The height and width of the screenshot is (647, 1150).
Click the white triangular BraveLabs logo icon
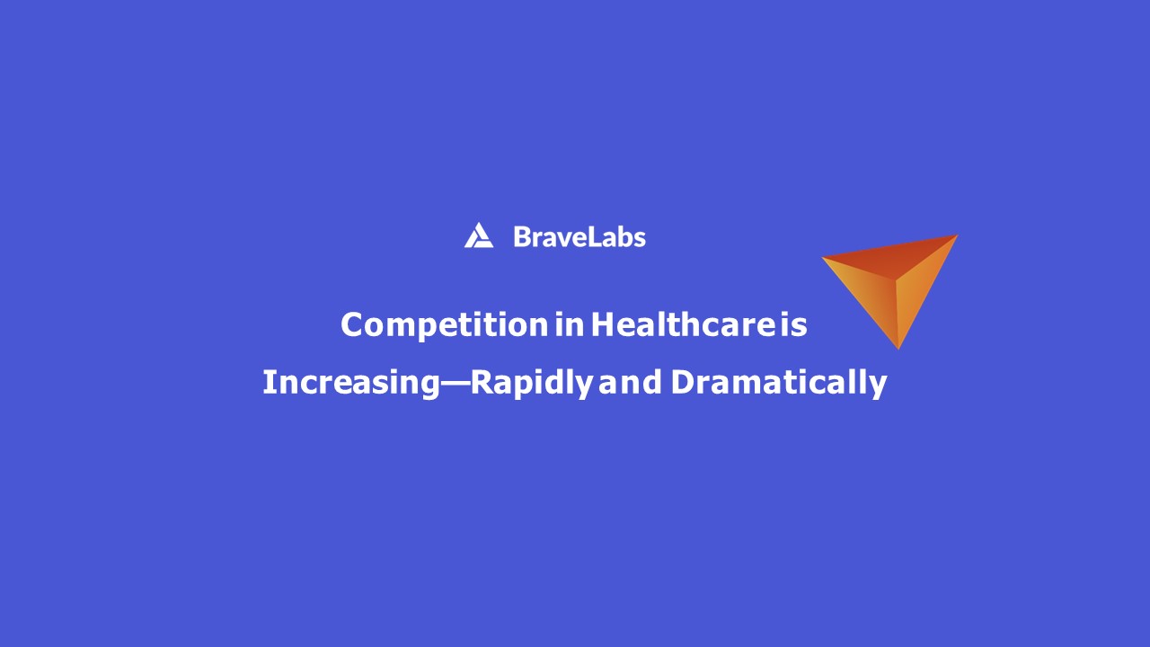[x=478, y=236]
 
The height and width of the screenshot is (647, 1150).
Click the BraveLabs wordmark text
[x=579, y=237]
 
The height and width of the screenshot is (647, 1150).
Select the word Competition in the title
[x=444, y=324]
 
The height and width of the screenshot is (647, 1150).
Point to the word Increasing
[x=349, y=382]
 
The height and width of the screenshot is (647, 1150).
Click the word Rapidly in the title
[x=531, y=382]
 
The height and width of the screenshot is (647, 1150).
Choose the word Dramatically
[x=778, y=382]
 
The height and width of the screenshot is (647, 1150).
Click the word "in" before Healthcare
[x=569, y=324]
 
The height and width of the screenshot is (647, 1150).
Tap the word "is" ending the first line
[x=793, y=324]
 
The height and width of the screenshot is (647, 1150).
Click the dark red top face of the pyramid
[x=889, y=258]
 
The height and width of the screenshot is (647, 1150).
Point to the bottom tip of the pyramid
[x=898, y=347]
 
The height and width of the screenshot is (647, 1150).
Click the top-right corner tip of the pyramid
[x=955, y=236]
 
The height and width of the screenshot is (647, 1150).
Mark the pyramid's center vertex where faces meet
[x=895, y=279]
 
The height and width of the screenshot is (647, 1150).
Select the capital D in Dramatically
[x=683, y=382]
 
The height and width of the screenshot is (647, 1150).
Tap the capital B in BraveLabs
[x=522, y=237]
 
